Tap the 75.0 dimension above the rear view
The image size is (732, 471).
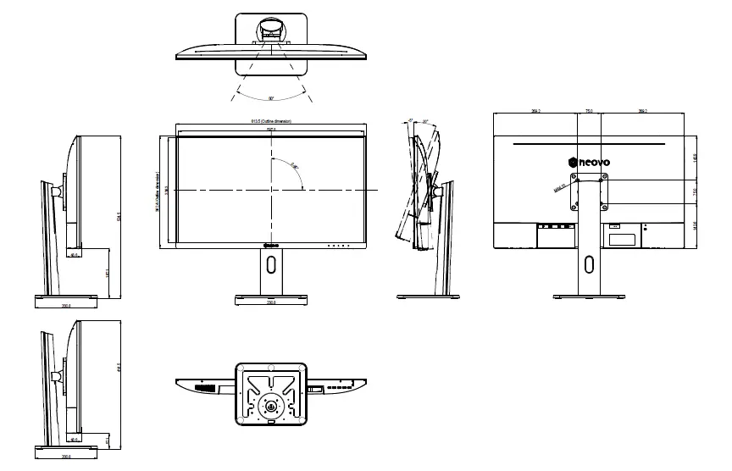[589, 111]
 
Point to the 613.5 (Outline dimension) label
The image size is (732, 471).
[271, 121]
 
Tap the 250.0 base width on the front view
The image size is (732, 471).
[271, 302]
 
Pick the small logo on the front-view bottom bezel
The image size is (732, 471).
[271, 246]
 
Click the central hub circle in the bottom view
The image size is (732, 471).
[270, 405]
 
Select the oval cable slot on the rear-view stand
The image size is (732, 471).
[589, 264]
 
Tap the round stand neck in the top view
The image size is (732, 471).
[271, 30]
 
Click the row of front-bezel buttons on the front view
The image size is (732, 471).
[338, 246]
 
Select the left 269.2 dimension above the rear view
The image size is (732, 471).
[535, 111]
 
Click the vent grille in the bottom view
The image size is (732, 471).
[203, 388]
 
